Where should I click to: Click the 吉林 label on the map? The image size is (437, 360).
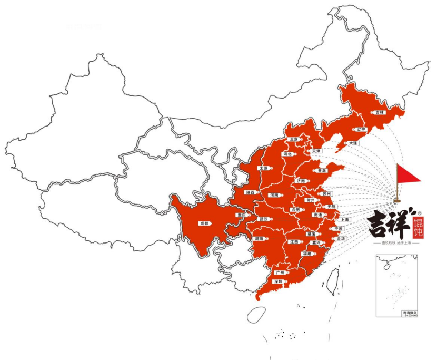380,113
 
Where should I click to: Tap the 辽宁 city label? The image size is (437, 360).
361,129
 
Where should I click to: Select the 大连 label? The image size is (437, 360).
352,143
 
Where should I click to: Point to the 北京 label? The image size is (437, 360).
293,140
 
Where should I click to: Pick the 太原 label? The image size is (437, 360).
263,168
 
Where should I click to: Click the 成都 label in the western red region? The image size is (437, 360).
203,223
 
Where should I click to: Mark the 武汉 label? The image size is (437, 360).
264,219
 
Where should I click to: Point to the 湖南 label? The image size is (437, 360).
259,239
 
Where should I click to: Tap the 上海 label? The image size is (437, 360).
345,220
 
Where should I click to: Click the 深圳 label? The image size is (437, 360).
277,282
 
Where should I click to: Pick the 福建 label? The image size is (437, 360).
307,254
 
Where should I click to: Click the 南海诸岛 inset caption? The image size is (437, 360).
409,313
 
